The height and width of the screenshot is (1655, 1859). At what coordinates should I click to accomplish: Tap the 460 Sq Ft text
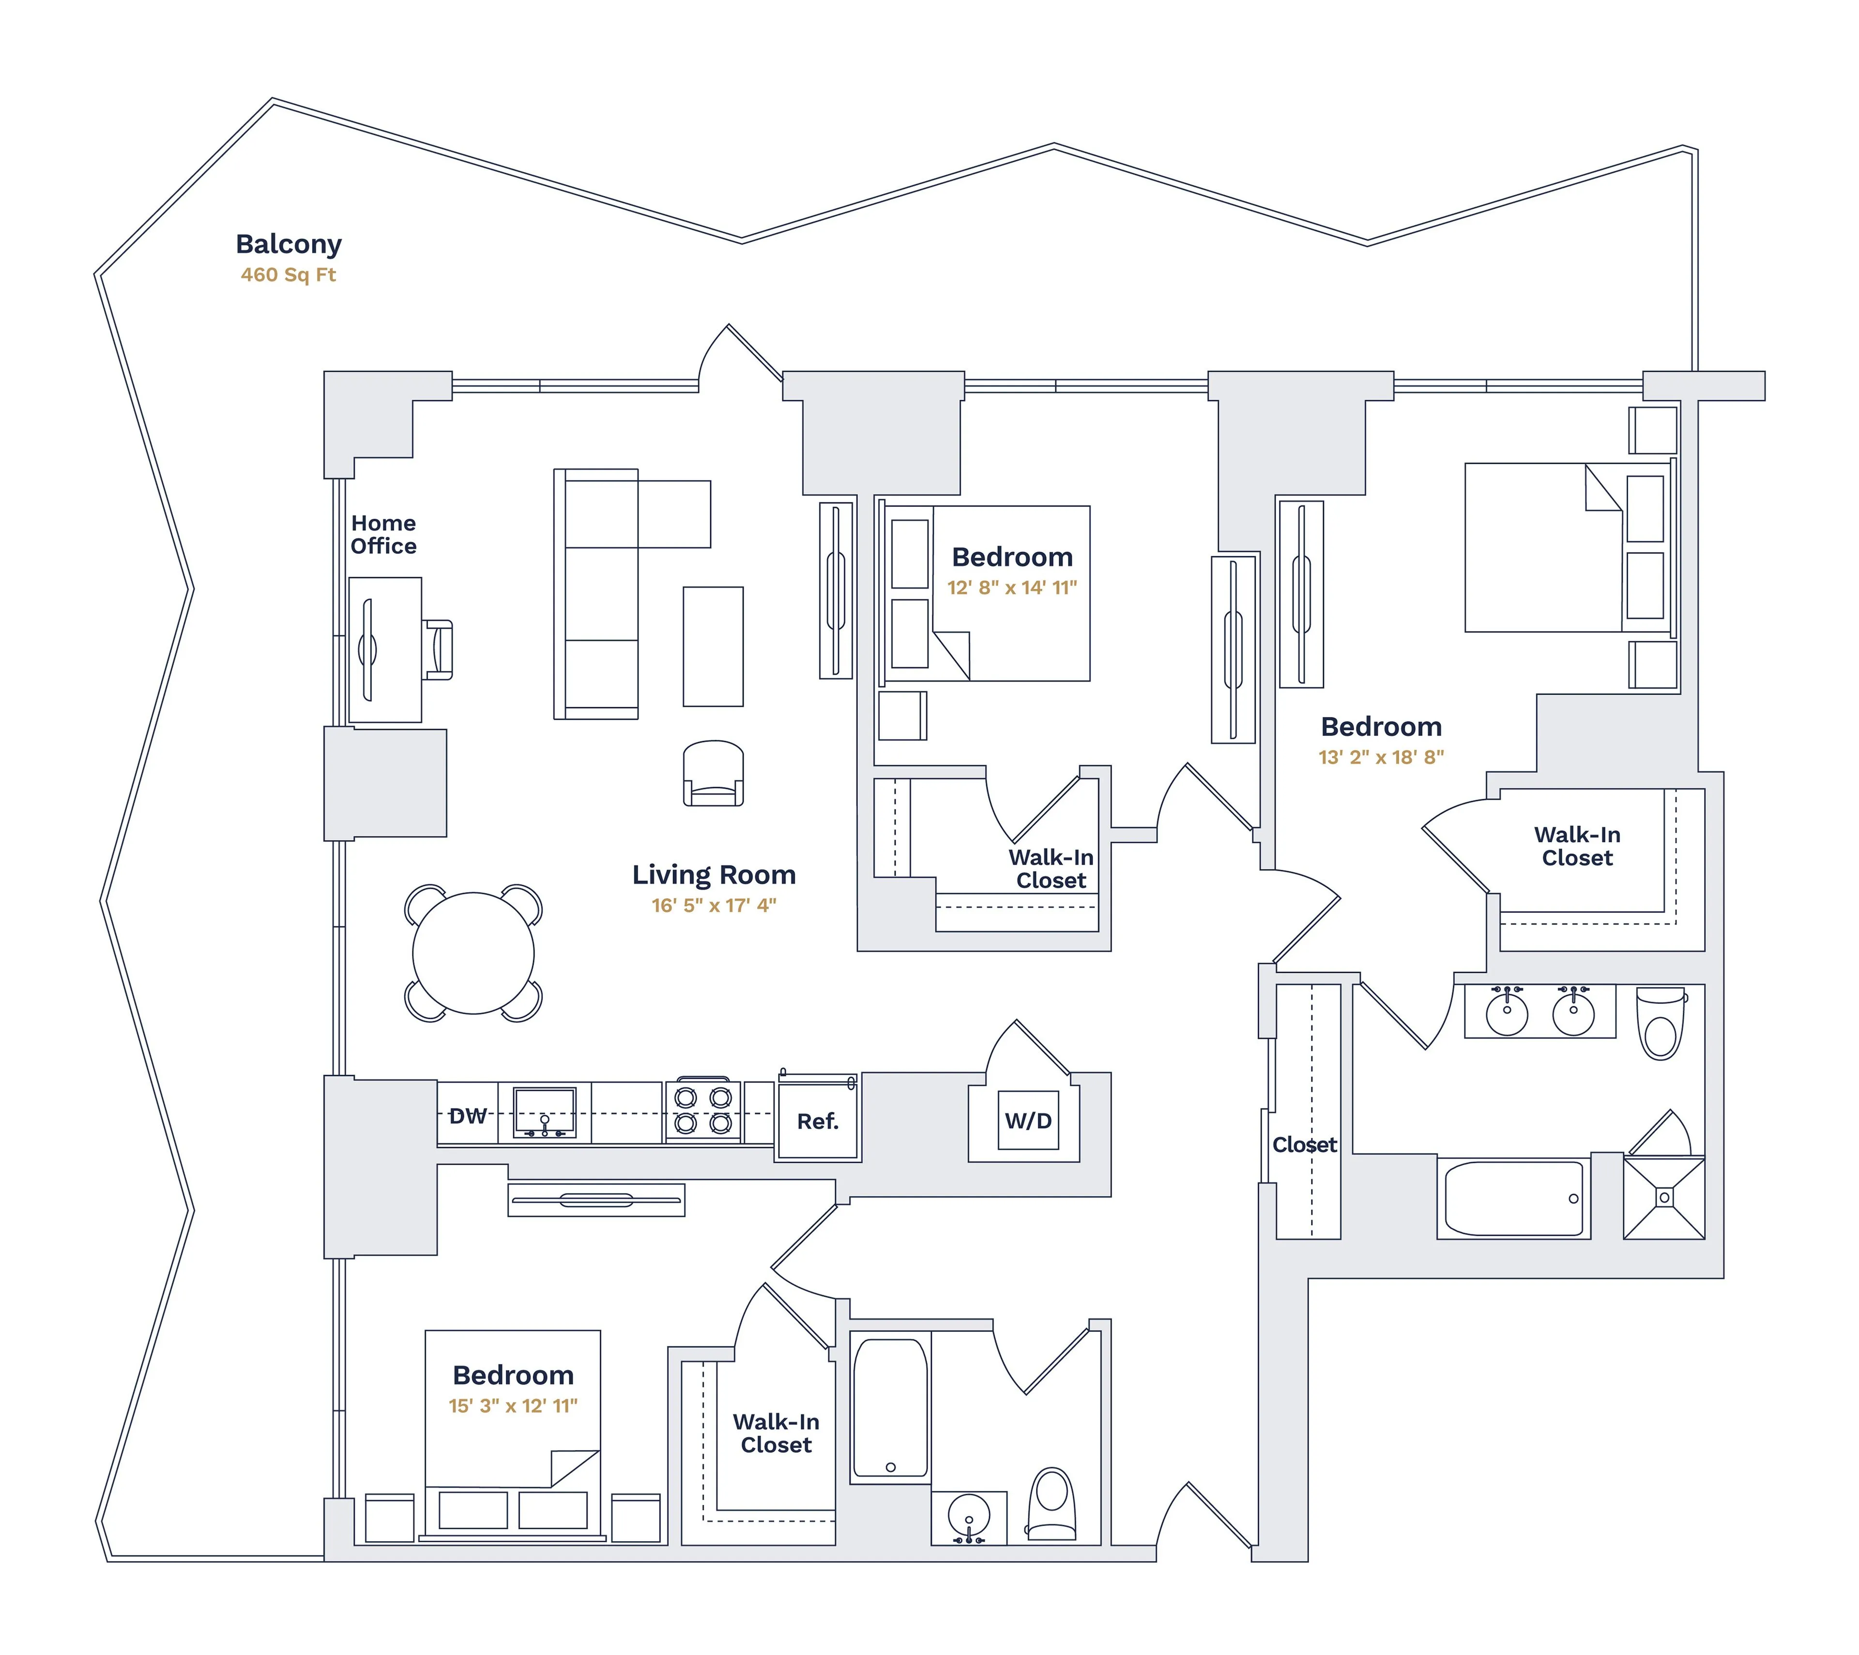[x=289, y=274]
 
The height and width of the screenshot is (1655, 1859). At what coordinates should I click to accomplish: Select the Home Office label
[x=384, y=535]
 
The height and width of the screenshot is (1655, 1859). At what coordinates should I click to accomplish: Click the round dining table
[x=473, y=953]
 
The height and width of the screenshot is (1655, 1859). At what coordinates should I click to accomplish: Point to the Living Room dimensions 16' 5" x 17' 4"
[x=714, y=906]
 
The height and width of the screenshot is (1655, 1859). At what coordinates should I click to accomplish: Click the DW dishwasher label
[x=468, y=1116]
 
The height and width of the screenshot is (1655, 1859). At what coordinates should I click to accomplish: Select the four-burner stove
[x=703, y=1110]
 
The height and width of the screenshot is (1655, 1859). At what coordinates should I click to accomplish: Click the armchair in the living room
[x=713, y=774]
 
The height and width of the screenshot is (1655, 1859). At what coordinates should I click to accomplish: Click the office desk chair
[x=439, y=649]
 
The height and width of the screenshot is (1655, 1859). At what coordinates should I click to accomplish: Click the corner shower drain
[x=1664, y=1198]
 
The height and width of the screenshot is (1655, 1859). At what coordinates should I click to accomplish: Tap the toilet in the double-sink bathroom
[x=1661, y=1025]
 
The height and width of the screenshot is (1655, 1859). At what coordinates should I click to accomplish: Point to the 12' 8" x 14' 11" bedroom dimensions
[x=1012, y=588]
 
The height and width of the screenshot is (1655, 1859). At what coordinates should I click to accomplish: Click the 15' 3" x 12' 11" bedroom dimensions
[x=513, y=1406]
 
